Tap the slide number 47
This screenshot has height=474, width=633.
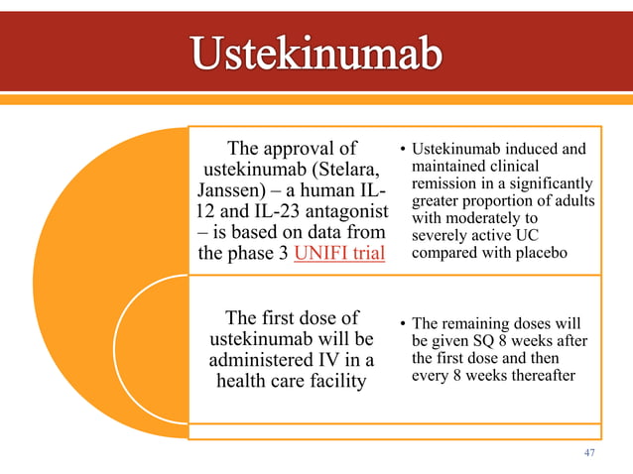[589, 452]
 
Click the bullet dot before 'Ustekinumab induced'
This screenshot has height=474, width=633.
[404, 151]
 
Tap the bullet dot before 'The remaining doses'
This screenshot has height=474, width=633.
[404, 323]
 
